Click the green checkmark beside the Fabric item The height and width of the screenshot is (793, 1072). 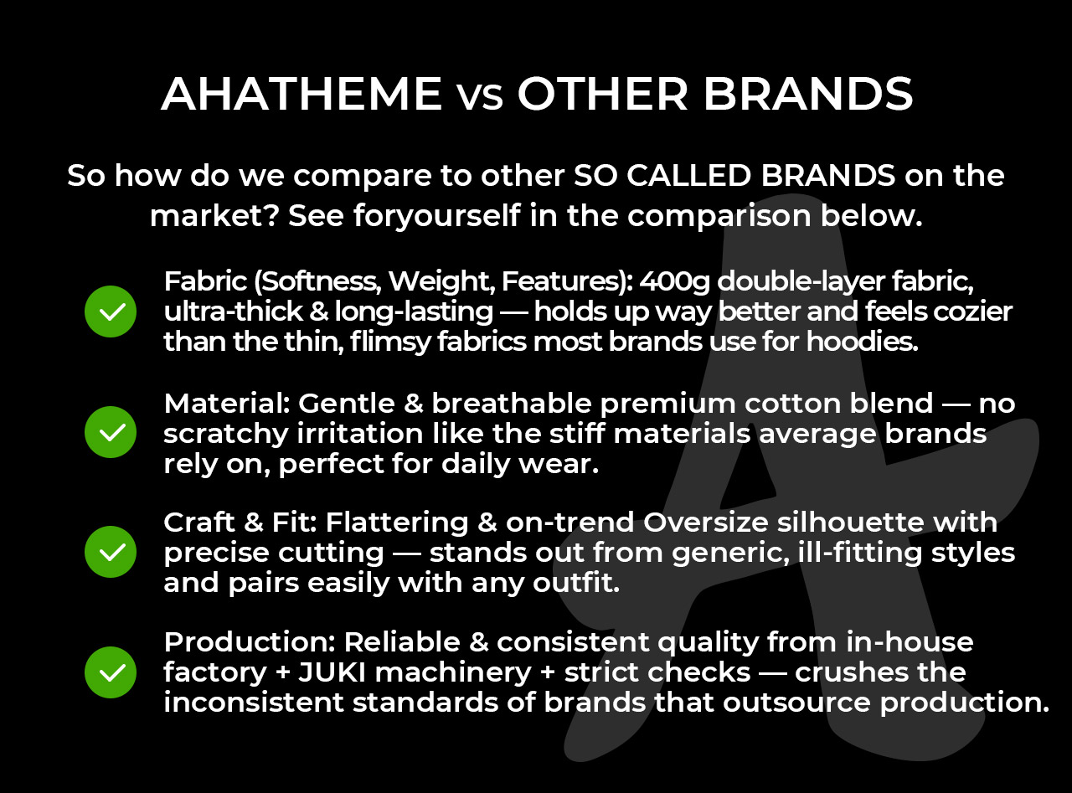[111, 312]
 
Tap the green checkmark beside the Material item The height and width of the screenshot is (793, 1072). [111, 432]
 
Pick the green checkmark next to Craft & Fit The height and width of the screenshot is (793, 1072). [111, 552]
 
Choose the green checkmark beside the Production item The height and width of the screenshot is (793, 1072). [111, 672]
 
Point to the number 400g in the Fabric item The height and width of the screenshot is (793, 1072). [675, 282]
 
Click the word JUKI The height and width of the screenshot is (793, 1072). [332, 672]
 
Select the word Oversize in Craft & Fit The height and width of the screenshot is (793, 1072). [706, 523]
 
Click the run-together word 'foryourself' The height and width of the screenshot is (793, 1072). [437, 216]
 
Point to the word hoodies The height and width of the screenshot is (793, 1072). [863, 342]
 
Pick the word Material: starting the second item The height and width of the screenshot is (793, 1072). [227, 403]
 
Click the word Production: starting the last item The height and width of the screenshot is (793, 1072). [250, 642]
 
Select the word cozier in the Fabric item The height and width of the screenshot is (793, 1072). [972, 312]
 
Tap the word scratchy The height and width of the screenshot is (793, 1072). [226, 435]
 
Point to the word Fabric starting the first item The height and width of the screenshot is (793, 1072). [205, 281]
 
